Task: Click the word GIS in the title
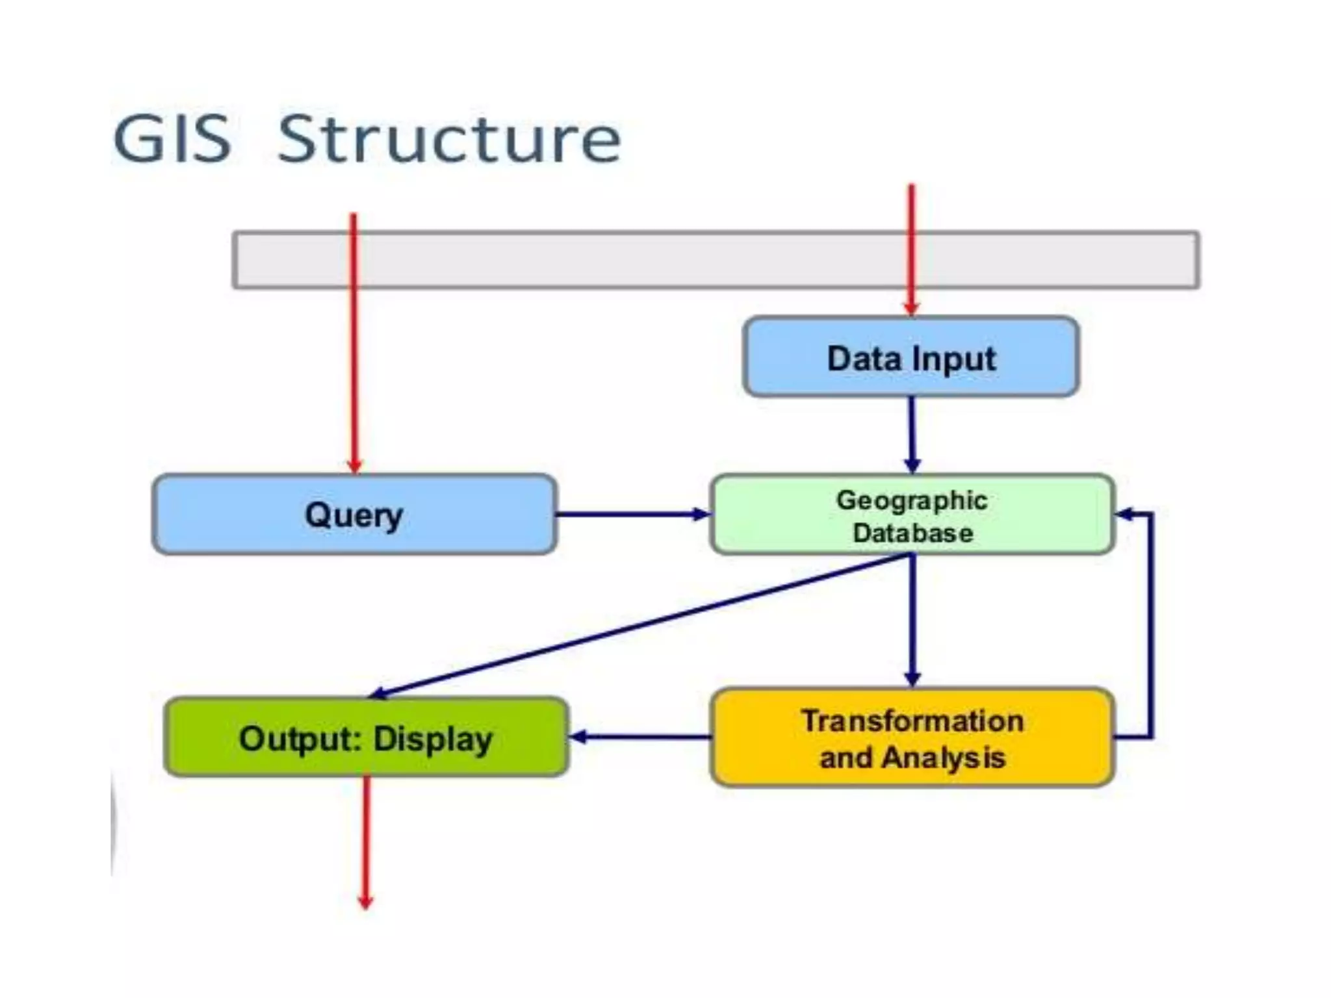pos(172,139)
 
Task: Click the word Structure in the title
pos(449,139)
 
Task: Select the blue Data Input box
pos(911,357)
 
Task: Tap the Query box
pos(354,515)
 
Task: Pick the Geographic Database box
pos(912,515)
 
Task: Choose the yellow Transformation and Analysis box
pos(912,738)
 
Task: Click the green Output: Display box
pos(366,737)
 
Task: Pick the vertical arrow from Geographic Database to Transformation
pos(912,621)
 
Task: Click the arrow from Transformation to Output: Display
pos(640,737)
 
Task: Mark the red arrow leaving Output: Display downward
pos(366,845)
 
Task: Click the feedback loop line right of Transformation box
pos(1151,624)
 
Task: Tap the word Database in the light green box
pos(912,533)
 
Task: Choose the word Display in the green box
pos(433,739)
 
